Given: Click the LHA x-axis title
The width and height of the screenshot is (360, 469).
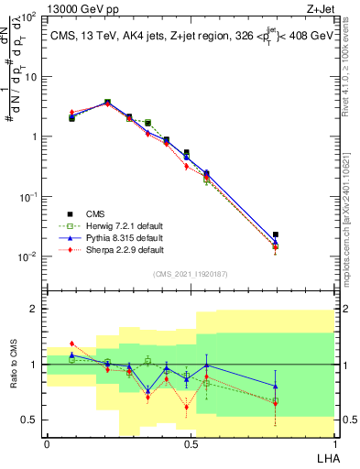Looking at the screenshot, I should click(x=324, y=456).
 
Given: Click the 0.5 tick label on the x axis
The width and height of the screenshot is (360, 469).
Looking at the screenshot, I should click(x=191, y=444).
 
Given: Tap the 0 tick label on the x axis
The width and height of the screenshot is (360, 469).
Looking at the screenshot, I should click(x=47, y=444).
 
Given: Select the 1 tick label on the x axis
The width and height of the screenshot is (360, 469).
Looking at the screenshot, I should click(x=334, y=444).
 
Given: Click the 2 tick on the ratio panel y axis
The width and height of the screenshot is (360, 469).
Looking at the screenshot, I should click(x=34, y=309).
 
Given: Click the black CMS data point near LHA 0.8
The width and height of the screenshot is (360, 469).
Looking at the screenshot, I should click(x=276, y=235).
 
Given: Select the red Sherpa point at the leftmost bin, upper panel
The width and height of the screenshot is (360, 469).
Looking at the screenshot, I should click(x=72, y=112).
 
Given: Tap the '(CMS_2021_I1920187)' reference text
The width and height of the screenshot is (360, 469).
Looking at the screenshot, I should click(x=191, y=274).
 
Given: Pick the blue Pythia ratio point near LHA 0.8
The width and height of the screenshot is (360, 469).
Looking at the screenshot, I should click(x=276, y=387).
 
